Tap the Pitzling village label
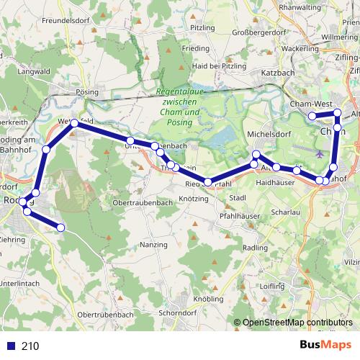pyautogui.click(x=202, y=27)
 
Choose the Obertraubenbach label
pyautogui.click(x=143, y=204)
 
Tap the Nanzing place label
pyautogui.click(x=153, y=246)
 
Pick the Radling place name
pyautogui.click(x=256, y=248)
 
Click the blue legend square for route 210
pyautogui.click(x=10, y=346)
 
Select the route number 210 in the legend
pyautogui.click(x=30, y=346)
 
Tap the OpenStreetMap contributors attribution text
pyautogui.click(x=298, y=323)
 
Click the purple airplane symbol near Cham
pyautogui.click(x=320, y=153)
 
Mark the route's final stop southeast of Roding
pyautogui.click(x=60, y=228)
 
